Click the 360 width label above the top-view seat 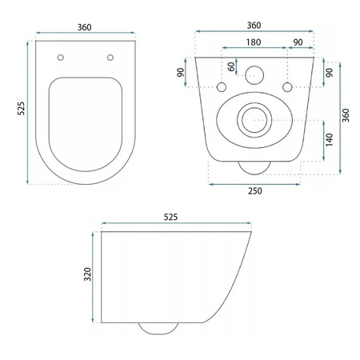click(84, 26)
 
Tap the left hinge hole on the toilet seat click(61, 57)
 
